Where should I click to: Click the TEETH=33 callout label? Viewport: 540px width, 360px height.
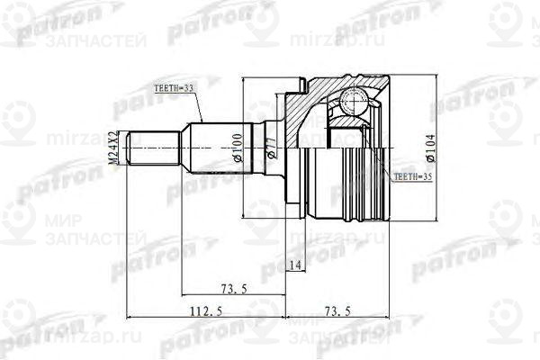(x=175, y=88)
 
